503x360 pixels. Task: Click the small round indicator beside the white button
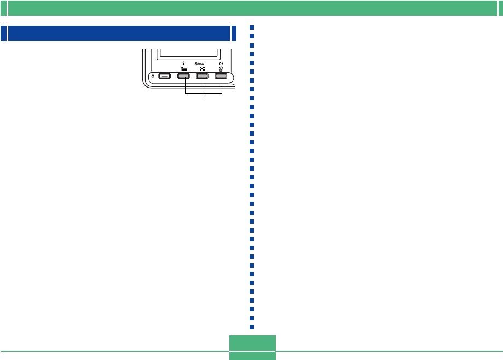coord(153,76)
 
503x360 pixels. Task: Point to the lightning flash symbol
coord(183,64)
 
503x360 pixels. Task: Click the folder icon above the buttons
coord(183,69)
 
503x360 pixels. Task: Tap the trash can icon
coord(221,69)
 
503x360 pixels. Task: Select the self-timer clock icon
coord(221,63)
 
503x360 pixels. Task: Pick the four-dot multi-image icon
coord(203,69)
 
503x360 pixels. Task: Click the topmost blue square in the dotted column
coord(252,27)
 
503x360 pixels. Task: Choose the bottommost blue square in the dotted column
coord(252,327)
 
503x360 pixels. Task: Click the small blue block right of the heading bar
coord(234,33)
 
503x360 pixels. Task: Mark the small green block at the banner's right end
coord(499,8)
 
